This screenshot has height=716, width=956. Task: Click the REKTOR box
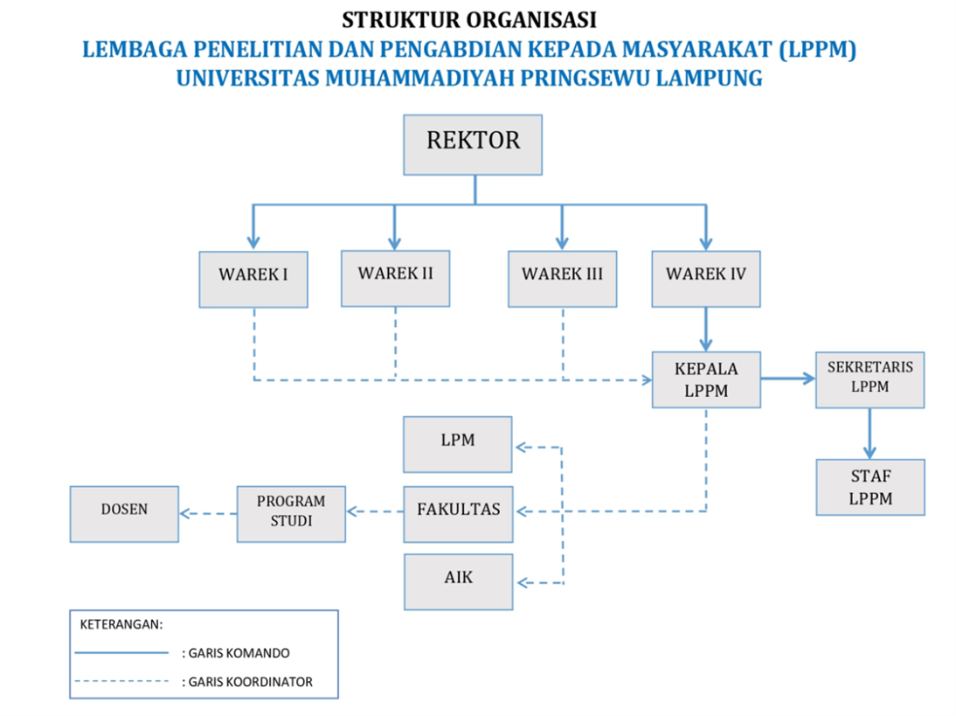[x=473, y=145]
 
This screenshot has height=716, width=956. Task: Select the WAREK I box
[x=253, y=280]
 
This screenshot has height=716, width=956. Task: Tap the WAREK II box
[x=395, y=278]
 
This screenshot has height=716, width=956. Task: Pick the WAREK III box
[x=562, y=279]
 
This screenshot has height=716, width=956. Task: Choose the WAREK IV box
[x=706, y=279]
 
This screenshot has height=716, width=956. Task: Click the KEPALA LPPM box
[x=706, y=379]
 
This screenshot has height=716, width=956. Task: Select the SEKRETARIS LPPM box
[x=870, y=379]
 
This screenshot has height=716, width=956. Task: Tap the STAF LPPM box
[x=870, y=487]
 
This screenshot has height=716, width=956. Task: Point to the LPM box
[x=457, y=445]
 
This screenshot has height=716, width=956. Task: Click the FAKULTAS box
[x=458, y=514]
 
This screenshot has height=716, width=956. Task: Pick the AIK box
[x=458, y=582]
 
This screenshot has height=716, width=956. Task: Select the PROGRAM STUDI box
[x=291, y=514]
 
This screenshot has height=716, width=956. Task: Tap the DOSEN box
[x=124, y=514]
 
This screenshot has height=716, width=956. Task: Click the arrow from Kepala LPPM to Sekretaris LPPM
[x=788, y=379]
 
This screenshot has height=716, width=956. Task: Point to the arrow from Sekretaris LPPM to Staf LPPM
[x=870, y=434]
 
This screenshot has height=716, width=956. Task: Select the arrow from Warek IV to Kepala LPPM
[x=706, y=330]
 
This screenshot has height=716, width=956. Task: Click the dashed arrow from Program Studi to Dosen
[x=208, y=513]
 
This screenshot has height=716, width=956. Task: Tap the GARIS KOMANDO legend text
[x=239, y=653]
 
